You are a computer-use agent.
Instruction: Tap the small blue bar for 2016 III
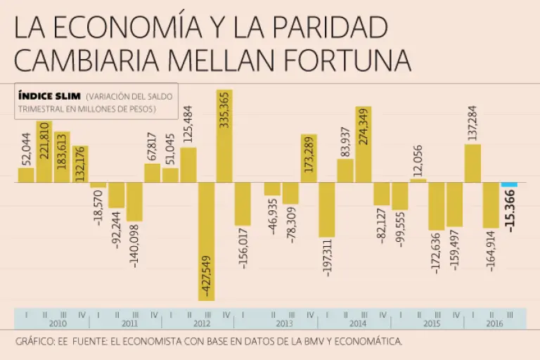(x=509, y=185)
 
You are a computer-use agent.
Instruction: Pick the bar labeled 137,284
(x=472, y=163)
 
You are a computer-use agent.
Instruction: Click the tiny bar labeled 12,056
(x=418, y=181)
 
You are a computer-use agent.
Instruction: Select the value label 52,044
(x=26, y=148)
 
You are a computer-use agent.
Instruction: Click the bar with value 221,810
(x=44, y=151)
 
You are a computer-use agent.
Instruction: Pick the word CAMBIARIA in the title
(x=78, y=60)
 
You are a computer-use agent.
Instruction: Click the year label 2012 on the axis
(x=201, y=324)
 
